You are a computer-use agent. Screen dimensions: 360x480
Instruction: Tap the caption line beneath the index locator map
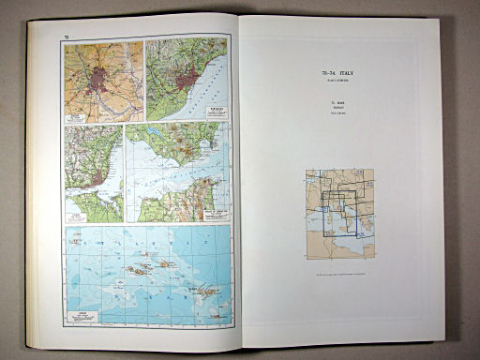[x=339, y=274]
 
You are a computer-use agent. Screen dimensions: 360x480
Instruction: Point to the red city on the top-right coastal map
[x=192, y=78]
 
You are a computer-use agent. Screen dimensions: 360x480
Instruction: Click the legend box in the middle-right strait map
[x=217, y=212]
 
